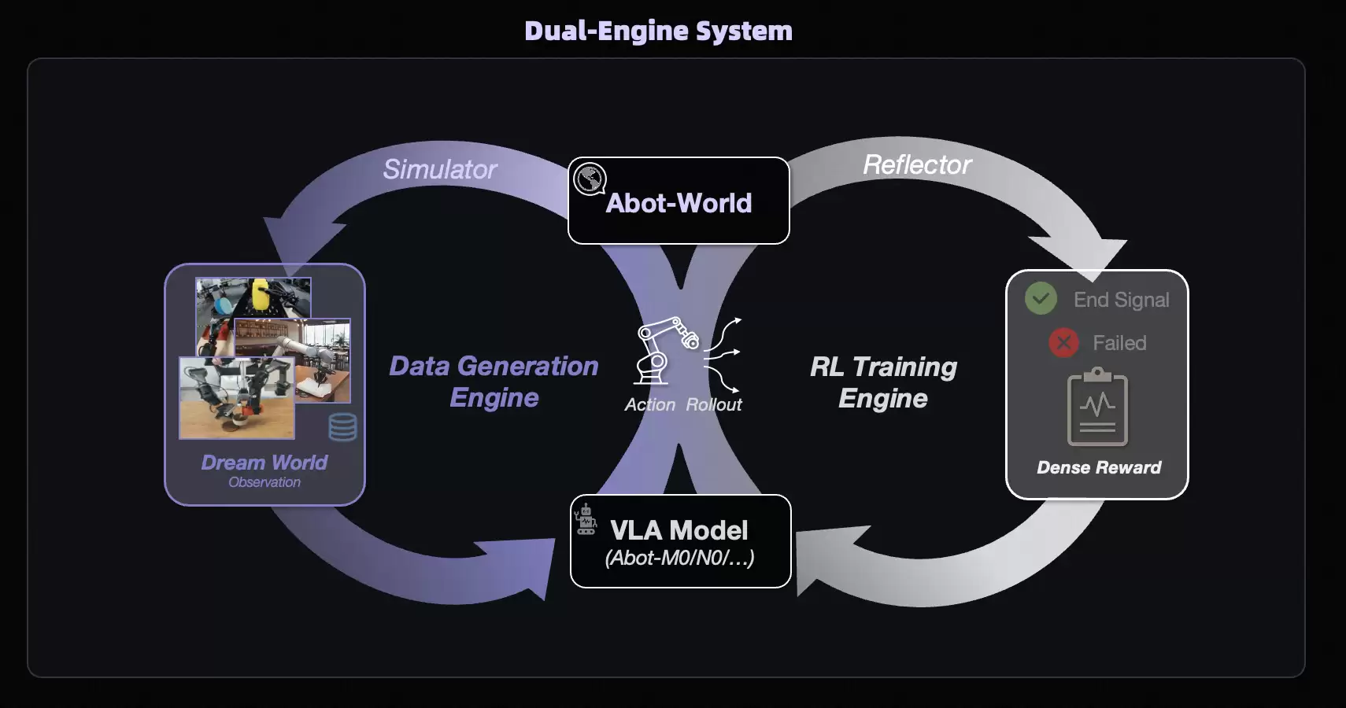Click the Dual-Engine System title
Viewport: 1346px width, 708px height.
coord(658,31)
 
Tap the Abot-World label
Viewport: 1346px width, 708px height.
coord(679,203)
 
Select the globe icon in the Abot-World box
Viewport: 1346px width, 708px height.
coord(589,179)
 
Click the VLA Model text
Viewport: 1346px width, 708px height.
coord(679,530)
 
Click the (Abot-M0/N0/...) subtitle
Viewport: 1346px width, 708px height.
coord(679,558)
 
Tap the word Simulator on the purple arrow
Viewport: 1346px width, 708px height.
coord(440,169)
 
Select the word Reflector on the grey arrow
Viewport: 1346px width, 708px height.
coord(917,164)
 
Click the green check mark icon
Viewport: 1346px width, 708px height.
coord(1041,298)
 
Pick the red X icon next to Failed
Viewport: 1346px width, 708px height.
coord(1063,342)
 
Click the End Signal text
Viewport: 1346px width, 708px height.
coord(1121,300)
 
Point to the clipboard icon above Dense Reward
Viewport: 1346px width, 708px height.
coord(1097,407)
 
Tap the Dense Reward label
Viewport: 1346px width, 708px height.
coord(1099,467)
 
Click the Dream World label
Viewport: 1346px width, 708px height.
coord(264,462)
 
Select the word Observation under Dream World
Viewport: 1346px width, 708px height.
coord(264,482)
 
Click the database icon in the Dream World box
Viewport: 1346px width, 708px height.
coord(342,427)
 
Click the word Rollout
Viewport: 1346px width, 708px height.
coord(714,404)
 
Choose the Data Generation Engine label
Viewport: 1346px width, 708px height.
coord(494,382)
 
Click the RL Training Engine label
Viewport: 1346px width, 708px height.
coord(883,382)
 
